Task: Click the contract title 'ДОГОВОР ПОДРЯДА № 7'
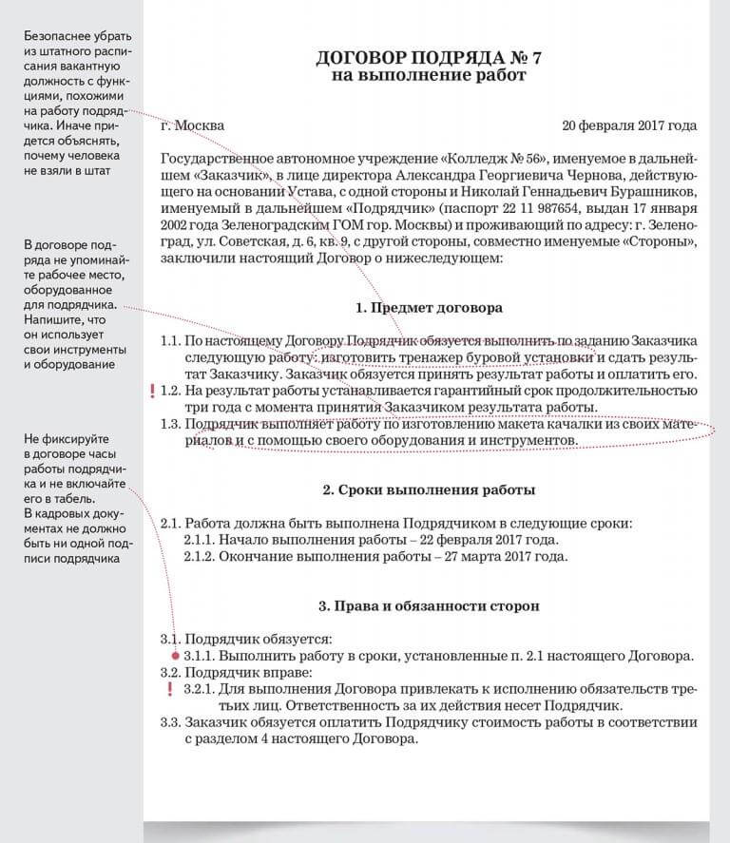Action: click(x=429, y=58)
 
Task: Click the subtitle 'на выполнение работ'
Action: click(x=429, y=76)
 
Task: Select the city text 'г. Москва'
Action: click(x=193, y=125)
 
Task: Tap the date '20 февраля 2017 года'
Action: click(x=629, y=125)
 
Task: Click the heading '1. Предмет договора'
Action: click(x=429, y=308)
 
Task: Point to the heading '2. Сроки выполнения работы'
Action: click(x=429, y=490)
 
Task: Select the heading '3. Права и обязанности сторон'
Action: click(x=429, y=605)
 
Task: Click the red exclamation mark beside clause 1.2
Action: click(x=151, y=391)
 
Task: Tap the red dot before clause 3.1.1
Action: click(x=174, y=656)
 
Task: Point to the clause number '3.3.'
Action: click(x=171, y=723)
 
